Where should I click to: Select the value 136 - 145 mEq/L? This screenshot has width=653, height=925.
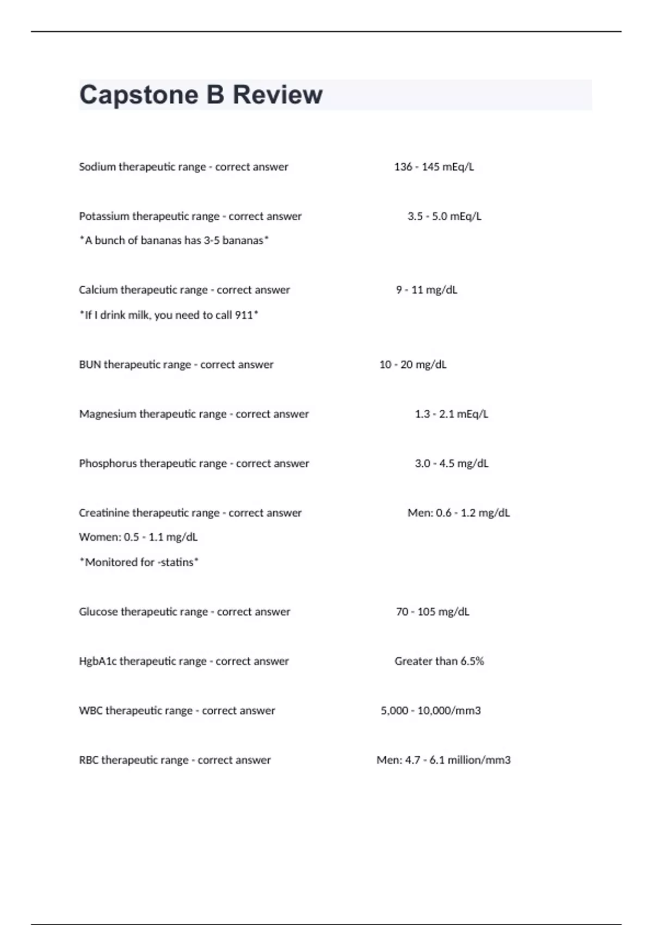[x=434, y=167]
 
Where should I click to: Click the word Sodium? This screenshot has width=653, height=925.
[x=97, y=167]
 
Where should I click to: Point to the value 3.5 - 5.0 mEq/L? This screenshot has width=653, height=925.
[x=444, y=217]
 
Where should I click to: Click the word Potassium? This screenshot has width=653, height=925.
[x=104, y=217]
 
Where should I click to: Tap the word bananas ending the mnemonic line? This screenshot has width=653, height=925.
[x=243, y=240]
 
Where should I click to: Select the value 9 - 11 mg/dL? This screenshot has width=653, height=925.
[x=426, y=290]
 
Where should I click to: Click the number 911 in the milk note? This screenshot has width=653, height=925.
[x=244, y=315]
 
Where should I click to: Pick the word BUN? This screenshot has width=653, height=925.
[x=90, y=365]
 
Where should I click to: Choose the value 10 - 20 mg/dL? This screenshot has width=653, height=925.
[x=412, y=365]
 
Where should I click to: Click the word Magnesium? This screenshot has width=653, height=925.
[x=107, y=414]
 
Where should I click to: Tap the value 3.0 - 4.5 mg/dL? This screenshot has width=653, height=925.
[x=451, y=464]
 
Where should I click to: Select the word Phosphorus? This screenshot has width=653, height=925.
[x=108, y=464]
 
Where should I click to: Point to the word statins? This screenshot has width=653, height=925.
[x=177, y=562]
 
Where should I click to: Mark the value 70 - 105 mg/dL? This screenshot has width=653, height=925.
[x=432, y=612]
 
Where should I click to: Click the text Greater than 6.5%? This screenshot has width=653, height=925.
[x=439, y=661]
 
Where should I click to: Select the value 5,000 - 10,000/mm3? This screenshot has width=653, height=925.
[x=430, y=711]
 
